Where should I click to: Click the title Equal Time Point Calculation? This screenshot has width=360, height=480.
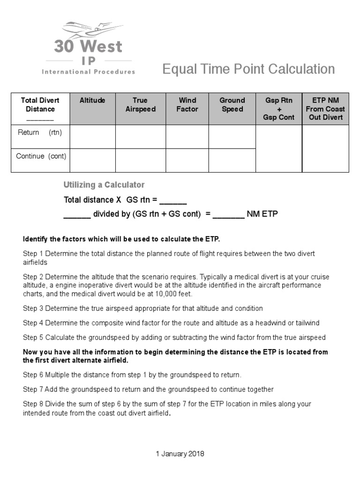[x=248, y=69]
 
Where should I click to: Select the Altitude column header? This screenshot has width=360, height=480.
[x=92, y=100]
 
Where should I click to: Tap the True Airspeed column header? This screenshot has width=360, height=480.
[x=140, y=105]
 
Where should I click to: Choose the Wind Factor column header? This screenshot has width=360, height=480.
[x=187, y=105]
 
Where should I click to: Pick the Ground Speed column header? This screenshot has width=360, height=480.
[x=232, y=105]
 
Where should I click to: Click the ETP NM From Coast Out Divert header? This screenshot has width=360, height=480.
[x=325, y=109]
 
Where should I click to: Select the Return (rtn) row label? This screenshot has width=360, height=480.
[x=40, y=132]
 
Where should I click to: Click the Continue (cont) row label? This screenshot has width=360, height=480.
[x=41, y=156]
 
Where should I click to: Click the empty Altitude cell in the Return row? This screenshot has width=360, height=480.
[x=92, y=136]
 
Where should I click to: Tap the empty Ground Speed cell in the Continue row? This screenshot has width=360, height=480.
[x=232, y=160]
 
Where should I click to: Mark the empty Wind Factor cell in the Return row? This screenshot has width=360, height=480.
[x=187, y=136]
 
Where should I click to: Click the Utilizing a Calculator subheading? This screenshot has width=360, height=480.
[x=104, y=185]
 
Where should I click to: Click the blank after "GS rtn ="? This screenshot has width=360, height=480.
[x=173, y=201]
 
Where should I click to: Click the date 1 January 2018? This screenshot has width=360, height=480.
[x=180, y=454]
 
